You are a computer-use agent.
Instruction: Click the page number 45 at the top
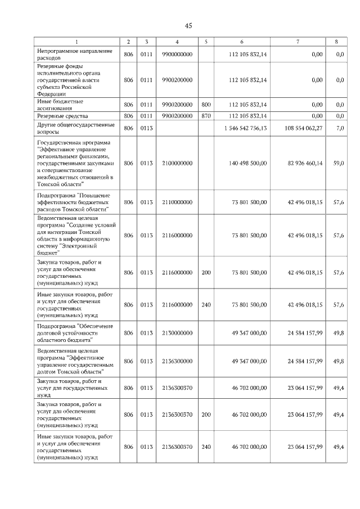(x=188, y=26)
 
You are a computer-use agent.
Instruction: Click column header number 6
(x=242, y=42)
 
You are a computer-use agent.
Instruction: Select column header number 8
(x=336, y=42)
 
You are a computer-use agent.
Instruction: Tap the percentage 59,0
(x=339, y=163)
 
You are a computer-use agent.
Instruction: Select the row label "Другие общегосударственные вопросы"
(x=75, y=128)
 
